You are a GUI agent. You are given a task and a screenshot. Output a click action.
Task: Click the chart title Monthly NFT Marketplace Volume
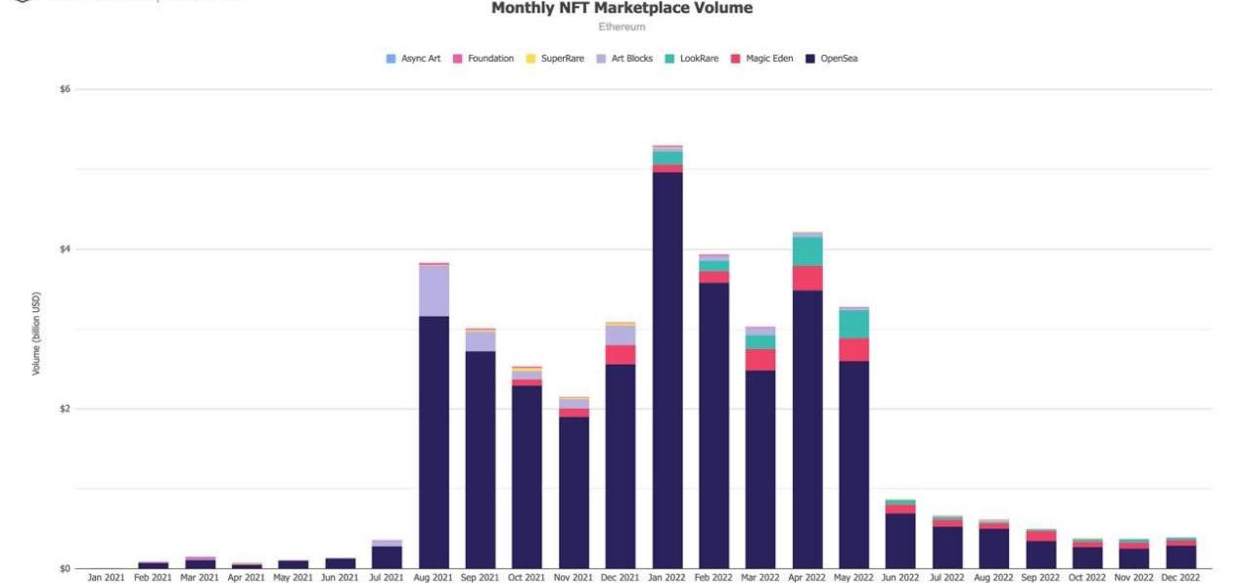(x=621, y=9)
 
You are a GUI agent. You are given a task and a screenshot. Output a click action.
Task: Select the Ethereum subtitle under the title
(x=621, y=27)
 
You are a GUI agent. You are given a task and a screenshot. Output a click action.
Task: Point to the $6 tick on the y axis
(x=65, y=89)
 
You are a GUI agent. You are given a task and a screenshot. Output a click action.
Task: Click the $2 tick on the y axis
(x=65, y=409)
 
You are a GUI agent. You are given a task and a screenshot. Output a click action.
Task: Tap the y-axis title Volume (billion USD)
(x=37, y=334)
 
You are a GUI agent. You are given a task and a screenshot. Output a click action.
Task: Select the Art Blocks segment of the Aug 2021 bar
(x=434, y=291)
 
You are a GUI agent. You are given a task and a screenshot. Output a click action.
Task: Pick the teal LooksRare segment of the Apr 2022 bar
(x=807, y=251)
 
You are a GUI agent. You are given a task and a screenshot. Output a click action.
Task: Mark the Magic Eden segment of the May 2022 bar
(x=854, y=350)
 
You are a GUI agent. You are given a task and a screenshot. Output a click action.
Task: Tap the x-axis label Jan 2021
(x=106, y=578)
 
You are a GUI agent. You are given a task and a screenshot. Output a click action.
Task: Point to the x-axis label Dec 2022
(x=1181, y=578)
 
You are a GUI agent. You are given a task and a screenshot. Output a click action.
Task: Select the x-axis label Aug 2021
(x=434, y=578)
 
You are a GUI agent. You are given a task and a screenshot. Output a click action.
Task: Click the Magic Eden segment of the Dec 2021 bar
(x=621, y=355)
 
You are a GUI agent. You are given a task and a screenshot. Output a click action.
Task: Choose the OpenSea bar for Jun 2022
(x=900, y=541)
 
